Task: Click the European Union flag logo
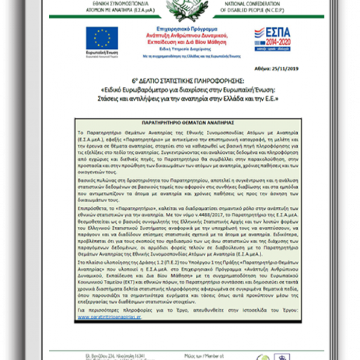point(102,38)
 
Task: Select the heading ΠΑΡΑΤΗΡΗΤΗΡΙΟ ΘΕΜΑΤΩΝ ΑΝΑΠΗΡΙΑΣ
point(180,123)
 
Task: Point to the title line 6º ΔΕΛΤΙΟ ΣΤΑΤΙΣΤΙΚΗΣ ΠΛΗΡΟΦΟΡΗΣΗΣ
point(179,81)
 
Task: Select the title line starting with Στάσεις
point(179,98)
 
